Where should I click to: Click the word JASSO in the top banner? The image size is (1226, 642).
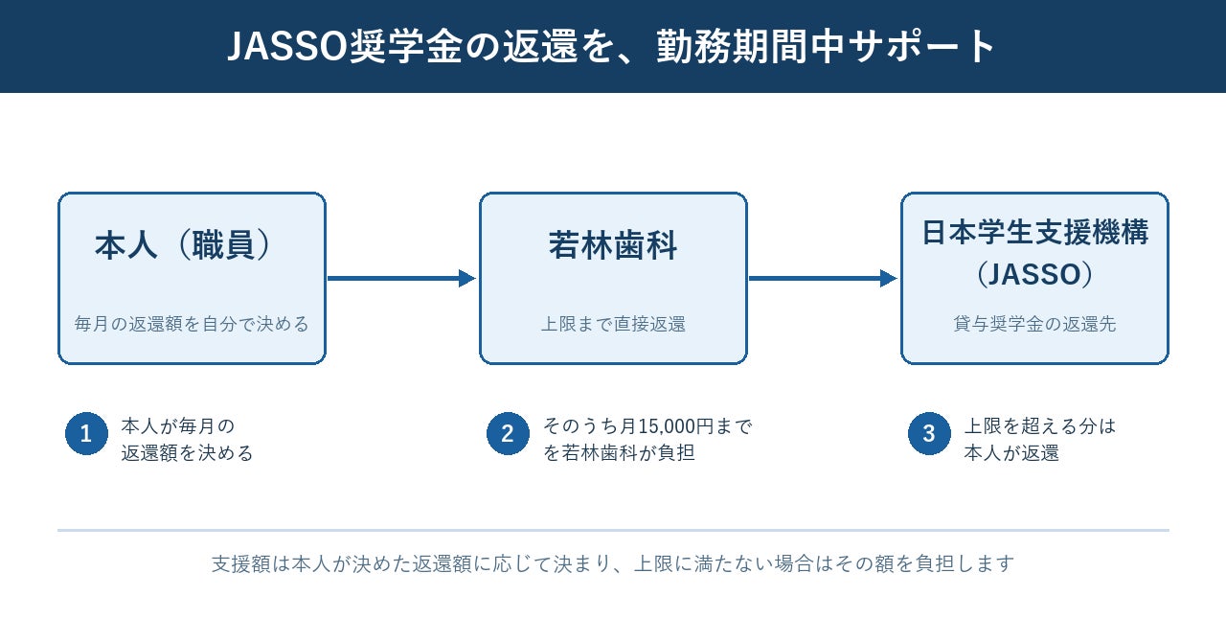tap(286, 46)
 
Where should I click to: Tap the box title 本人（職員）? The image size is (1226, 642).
tap(184, 244)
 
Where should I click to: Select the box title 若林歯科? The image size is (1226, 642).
tap(613, 245)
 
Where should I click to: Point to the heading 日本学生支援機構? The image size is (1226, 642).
tap(1035, 232)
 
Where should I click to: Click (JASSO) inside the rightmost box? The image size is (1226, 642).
tap(1035, 274)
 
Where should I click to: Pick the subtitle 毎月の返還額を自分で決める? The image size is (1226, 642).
tap(192, 324)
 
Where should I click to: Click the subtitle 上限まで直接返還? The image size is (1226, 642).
tap(613, 324)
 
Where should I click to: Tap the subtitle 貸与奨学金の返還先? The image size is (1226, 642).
tap(1034, 324)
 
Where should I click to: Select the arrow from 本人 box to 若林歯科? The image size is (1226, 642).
tap(401, 278)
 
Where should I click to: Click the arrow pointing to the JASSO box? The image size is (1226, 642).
tap(823, 278)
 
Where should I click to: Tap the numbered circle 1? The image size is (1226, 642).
tap(86, 433)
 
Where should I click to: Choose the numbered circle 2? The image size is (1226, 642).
tap(508, 433)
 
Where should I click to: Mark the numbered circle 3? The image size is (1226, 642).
tap(929, 433)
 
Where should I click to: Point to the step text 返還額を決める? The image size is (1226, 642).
tap(187, 453)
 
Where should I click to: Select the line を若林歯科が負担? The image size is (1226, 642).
tap(619, 453)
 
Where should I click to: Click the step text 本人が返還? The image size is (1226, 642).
tap(1011, 453)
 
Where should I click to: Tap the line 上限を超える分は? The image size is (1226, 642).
tap(1040, 426)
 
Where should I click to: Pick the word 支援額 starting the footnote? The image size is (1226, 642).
tap(241, 563)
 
